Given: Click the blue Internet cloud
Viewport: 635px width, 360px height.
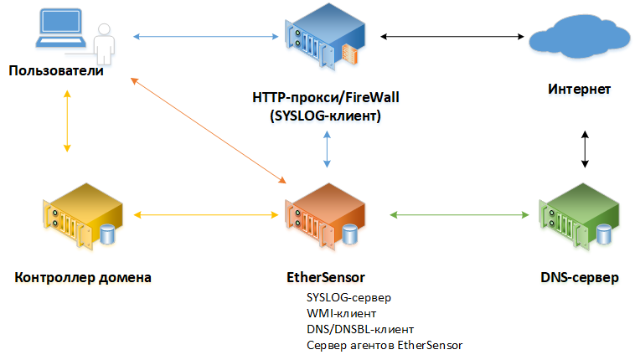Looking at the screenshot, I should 580,38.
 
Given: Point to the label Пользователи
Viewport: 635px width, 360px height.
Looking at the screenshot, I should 56,70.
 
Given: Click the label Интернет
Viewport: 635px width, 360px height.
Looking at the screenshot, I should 580,89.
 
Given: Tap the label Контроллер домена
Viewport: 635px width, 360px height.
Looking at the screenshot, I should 83,277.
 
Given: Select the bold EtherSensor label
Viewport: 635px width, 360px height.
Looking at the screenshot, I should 325,277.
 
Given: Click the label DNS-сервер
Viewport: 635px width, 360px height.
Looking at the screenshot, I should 580,277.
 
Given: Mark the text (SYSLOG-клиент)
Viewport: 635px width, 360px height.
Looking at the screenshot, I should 326,116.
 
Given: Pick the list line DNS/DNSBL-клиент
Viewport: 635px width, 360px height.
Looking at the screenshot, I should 361,329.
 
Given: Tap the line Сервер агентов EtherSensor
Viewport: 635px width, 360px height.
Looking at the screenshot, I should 385,345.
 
